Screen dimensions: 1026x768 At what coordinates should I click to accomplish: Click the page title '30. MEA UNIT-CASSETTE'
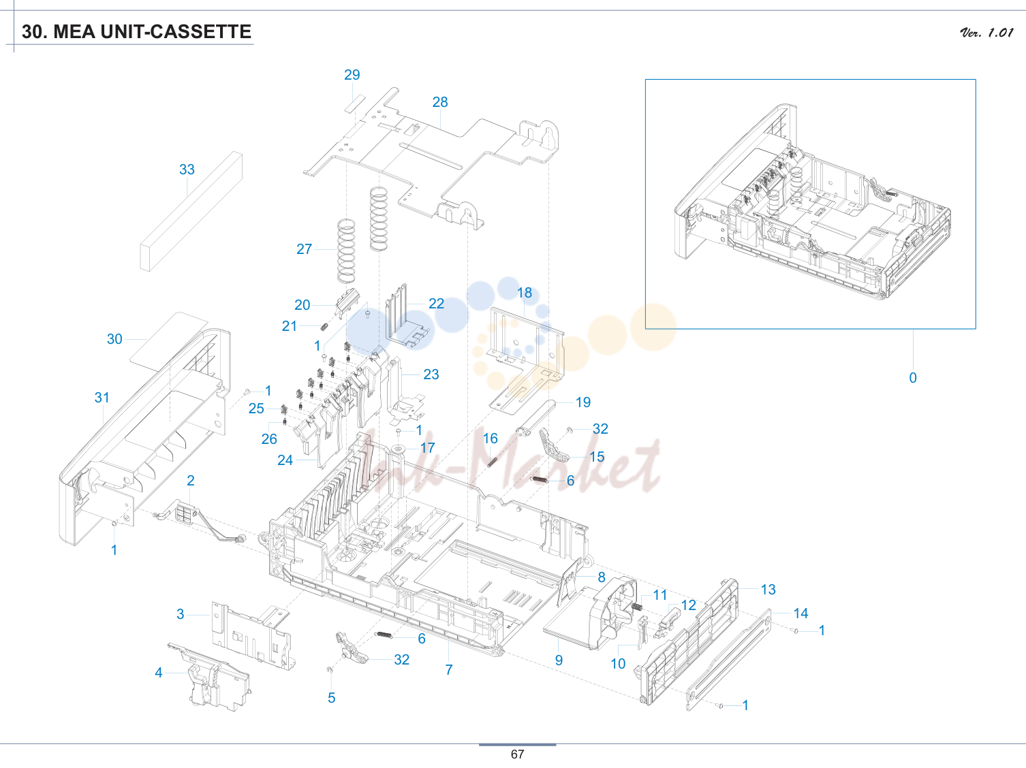(136, 32)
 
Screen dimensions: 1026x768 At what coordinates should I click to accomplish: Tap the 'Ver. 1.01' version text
(986, 33)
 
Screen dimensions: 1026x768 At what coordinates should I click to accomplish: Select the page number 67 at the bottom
(517, 754)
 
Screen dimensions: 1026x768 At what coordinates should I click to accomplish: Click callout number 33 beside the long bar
(187, 169)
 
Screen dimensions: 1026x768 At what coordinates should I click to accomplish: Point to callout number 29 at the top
(352, 75)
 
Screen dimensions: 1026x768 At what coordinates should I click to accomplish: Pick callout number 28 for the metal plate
(440, 102)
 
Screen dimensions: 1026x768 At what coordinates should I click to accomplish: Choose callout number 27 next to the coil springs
(305, 249)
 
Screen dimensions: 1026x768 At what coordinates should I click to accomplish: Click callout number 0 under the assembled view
(913, 377)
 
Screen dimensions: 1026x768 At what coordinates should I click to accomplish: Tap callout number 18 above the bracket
(525, 293)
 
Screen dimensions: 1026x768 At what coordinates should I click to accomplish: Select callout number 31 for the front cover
(102, 398)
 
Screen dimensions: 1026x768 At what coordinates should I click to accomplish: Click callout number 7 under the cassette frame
(449, 670)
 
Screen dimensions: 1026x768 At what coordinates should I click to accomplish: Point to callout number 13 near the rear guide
(768, 590)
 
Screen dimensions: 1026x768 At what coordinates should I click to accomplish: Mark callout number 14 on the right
(800, 613)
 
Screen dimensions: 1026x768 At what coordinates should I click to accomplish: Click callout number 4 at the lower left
(159, 673)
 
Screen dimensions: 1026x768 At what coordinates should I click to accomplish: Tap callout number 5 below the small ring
(331, 698)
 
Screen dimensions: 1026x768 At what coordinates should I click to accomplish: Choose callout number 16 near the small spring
(490, 438)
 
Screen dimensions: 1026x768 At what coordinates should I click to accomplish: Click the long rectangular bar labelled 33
(191, 211)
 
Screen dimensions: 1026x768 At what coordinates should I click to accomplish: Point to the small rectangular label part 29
(355, 103)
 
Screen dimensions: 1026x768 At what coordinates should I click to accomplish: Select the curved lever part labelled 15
(553, 446)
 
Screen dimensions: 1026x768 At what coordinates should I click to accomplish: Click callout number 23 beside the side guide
(431, 374)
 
